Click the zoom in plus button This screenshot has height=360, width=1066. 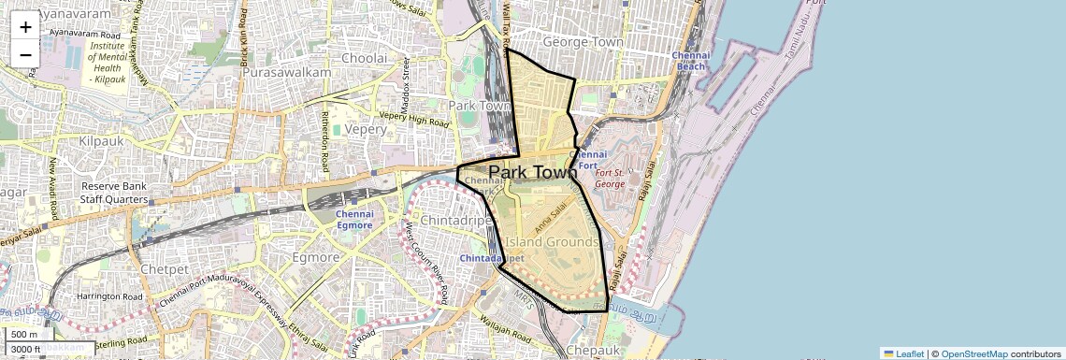[x=25, y=26]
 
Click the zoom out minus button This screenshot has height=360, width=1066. [x=25, y=54]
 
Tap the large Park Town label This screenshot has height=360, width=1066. [x=533, y=173]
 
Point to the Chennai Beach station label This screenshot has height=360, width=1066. [x=691, y=61]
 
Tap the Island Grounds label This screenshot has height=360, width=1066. [x=552, y=242]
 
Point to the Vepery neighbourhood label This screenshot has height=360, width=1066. [x=365, y=130]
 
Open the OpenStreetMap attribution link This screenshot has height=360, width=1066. [x=973, y=353]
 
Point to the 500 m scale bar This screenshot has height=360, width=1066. [x=25, y=335]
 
